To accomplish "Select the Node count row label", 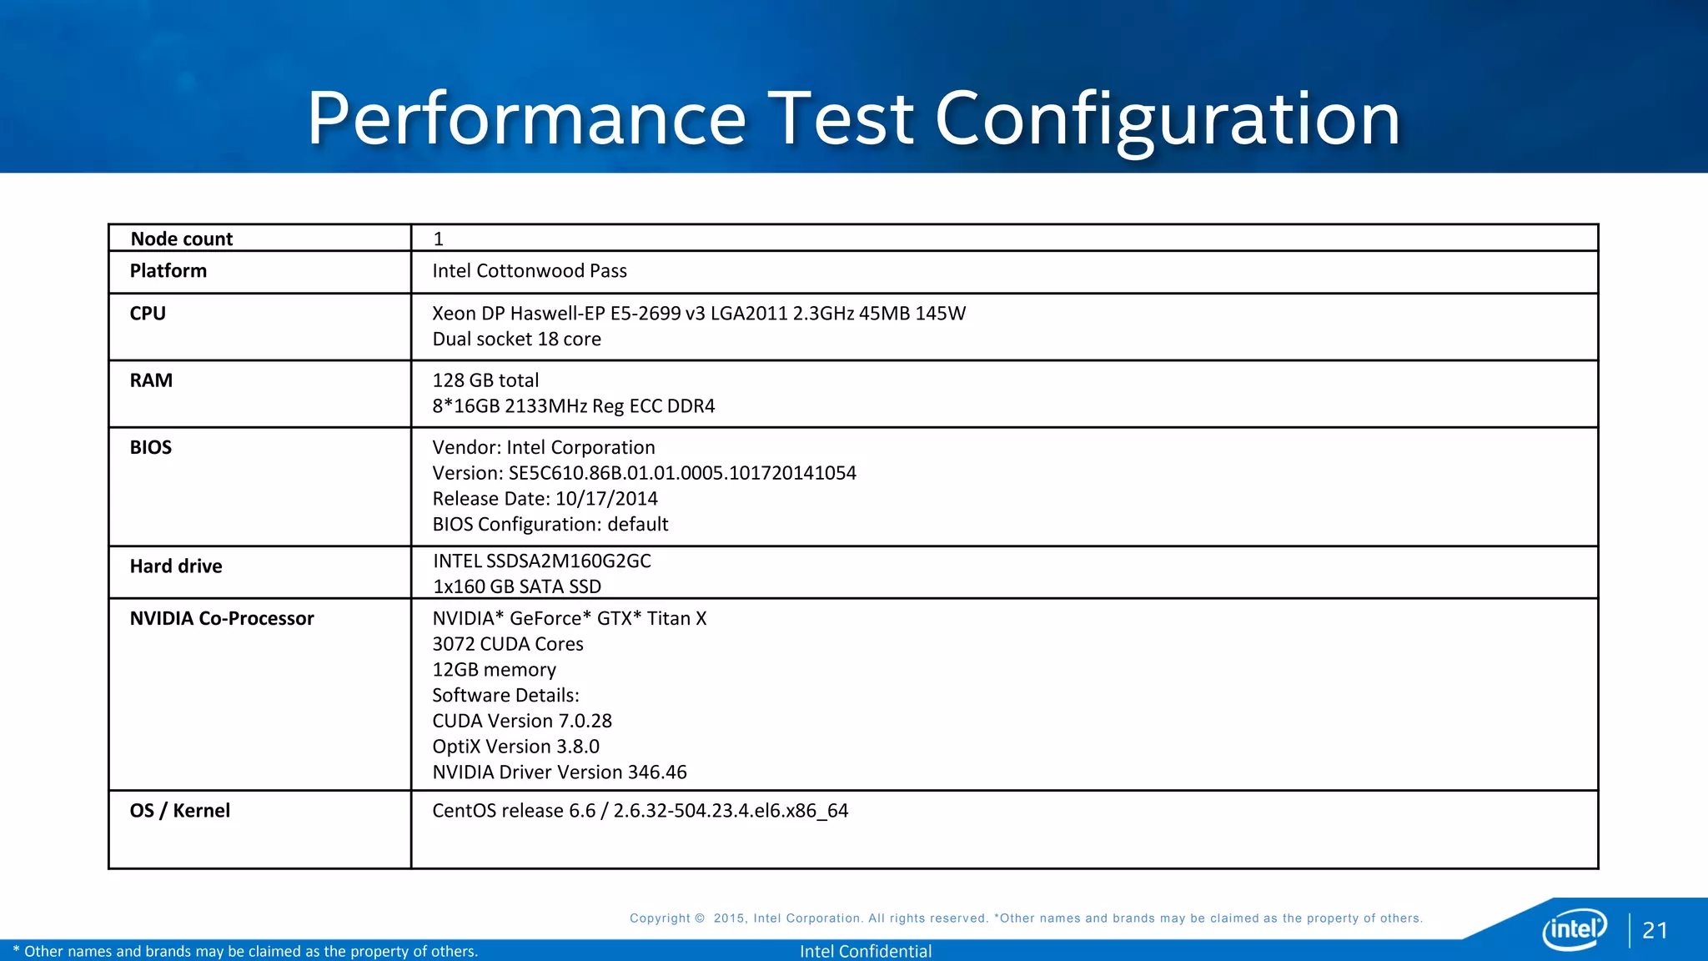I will point(181,239).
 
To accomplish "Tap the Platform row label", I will point(168,271).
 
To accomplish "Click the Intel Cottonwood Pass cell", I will point(529,271).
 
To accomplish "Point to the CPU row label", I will point(148,314).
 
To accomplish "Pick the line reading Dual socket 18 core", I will point(516,340).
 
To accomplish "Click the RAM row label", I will point(151,380).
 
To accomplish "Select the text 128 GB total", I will point(485,380).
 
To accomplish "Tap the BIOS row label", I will point(150,447).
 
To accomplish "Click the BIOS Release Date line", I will point(545,499).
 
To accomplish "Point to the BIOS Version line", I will point(644,473).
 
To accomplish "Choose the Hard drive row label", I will point(175,566).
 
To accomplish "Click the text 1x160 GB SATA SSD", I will point(517,586).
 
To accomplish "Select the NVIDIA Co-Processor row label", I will point(221,618).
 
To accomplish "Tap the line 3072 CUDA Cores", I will point(507,644).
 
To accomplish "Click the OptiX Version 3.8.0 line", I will point(515,747).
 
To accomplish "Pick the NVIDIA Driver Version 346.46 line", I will point(559,772).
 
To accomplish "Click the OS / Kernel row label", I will point(179,811).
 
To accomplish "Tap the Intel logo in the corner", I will point(1574,928).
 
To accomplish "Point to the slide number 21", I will point(1655,931).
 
